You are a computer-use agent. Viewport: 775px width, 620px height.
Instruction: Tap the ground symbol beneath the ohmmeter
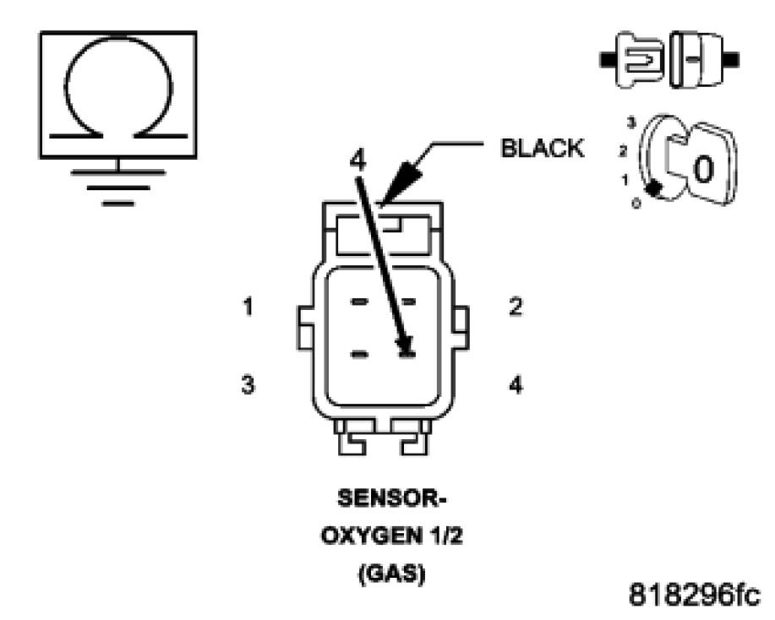pyautogui.click(x=119, y=182)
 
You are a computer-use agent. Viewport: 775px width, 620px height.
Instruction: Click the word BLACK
pyautogui.click(x=542, y=148)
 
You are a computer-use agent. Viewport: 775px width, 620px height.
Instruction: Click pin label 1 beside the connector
pyautogui.click(x=248, y=307)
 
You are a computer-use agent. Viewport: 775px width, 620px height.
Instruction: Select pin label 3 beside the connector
pyautogui.click(x=248, y=384)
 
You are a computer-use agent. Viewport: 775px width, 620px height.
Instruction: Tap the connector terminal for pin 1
pyautogui.click(x=359, y=302)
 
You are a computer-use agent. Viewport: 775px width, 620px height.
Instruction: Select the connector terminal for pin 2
pyautogui.click(x=407, y=302)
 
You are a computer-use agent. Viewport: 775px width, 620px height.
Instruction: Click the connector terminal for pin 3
pyautogui.click(x=359, y=353)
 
